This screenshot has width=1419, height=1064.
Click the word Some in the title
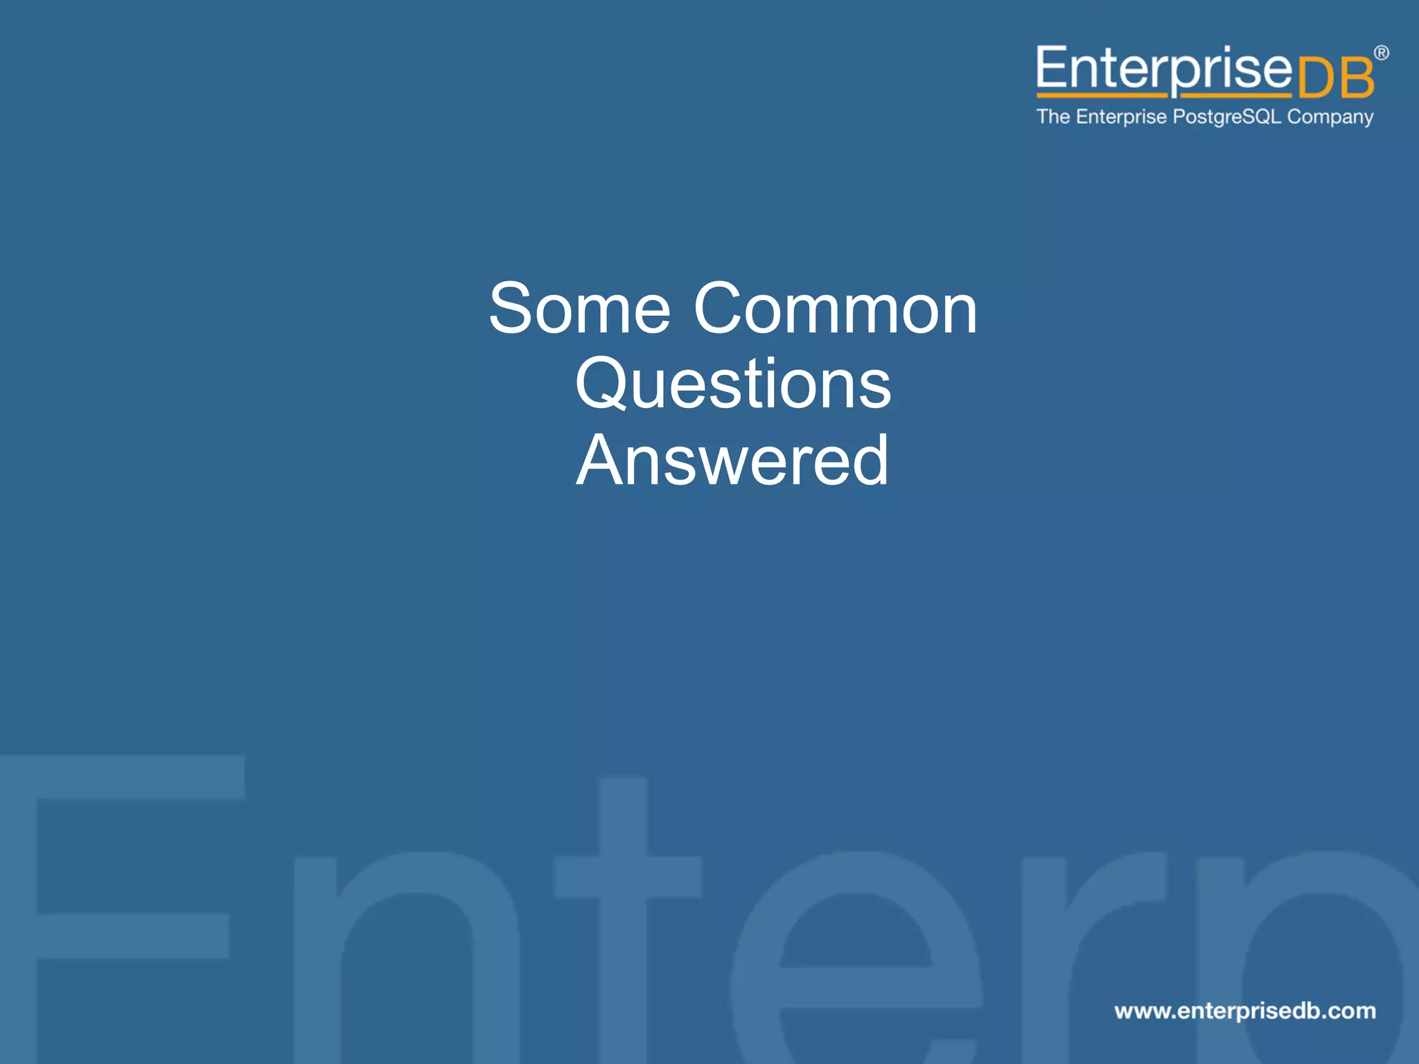tap(579, 309)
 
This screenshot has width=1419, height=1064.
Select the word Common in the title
tap(835, 309)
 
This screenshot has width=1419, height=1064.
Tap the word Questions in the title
tap(733, 385)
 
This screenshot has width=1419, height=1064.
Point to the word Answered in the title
tap(732, 461)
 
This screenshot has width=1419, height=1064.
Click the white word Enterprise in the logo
tap(1163, 69)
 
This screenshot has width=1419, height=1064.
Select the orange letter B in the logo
tap(1356, 78)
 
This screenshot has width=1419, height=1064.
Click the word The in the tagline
tap(1053, 116)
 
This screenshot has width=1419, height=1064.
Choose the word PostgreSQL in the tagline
tap(1226, 117)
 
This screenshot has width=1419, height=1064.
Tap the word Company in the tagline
tap(1330, 117)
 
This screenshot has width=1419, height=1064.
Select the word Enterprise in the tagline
tap(1121, 117)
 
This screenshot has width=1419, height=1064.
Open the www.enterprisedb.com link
tap(1244, 1011)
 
